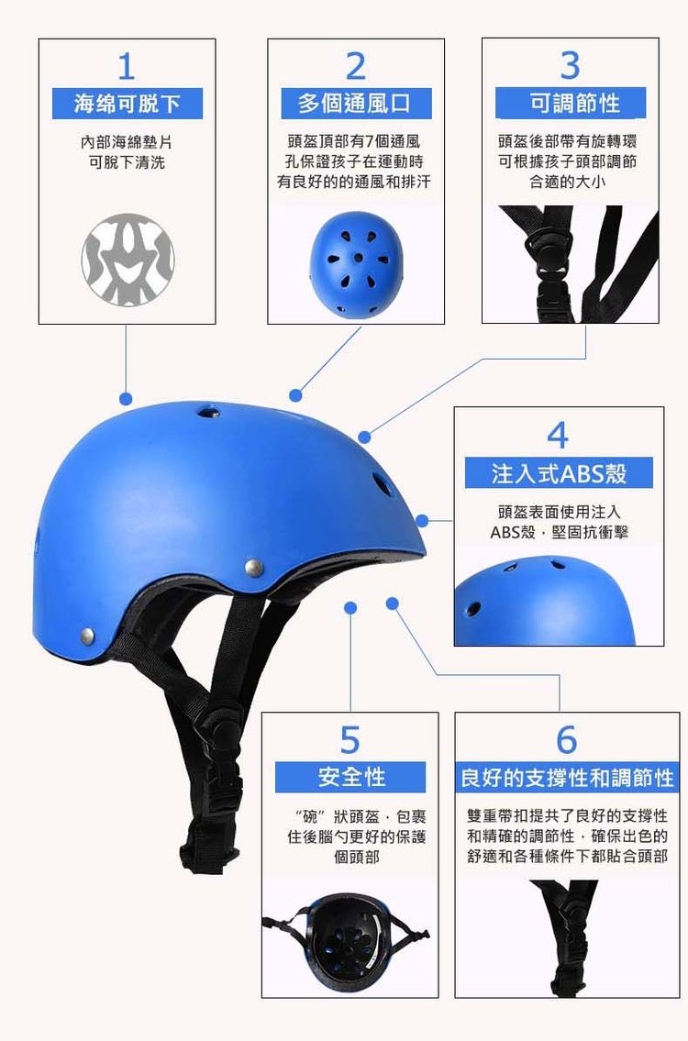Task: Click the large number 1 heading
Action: click(127, 65)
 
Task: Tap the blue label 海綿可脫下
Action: click(127, 104)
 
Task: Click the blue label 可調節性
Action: click(571, 104)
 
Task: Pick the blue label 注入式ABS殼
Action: click(559, 473)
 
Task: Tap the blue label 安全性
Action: click(351, 778)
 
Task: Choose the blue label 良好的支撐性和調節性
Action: click(567, 779)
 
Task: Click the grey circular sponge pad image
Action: click(128, 260)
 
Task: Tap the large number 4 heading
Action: click(558, 434)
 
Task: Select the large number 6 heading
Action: click(567, 738)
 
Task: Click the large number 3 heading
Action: click(571, 65)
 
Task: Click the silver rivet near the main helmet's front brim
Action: click(256, 568)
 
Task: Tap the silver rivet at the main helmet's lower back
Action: click(87, 633)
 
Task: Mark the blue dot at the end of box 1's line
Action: click(127, 399)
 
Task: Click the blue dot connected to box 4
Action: click(421, 521)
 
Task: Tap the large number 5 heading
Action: click(350, 738)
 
